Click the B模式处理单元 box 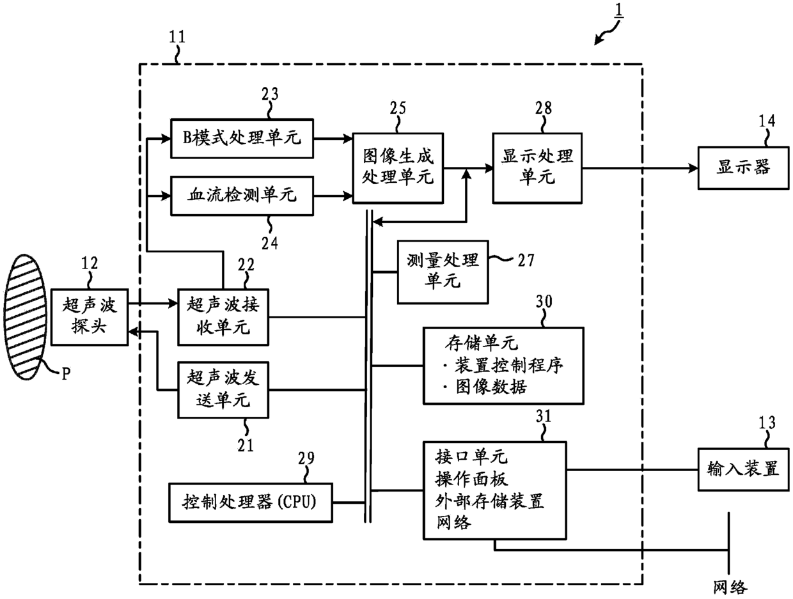(242, 138)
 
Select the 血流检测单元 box (242, 196)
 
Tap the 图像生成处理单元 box (398, 168)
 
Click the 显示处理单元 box (537, 168)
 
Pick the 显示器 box (743, 168)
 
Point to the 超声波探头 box (90, 317)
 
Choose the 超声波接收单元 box (223, 317)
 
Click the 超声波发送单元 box (223, 390)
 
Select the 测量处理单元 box (443, 272)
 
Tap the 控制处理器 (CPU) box (251, 502)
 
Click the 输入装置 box (743, 469)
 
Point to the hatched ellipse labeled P (26, 317)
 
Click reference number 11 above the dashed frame (177, 37)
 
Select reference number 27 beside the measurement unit (526, 260)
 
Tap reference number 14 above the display (767, 121)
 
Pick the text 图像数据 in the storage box (491, 387)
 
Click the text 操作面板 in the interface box (472, 479)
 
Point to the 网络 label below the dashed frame (730, 587)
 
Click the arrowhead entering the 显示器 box (693, 168)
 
